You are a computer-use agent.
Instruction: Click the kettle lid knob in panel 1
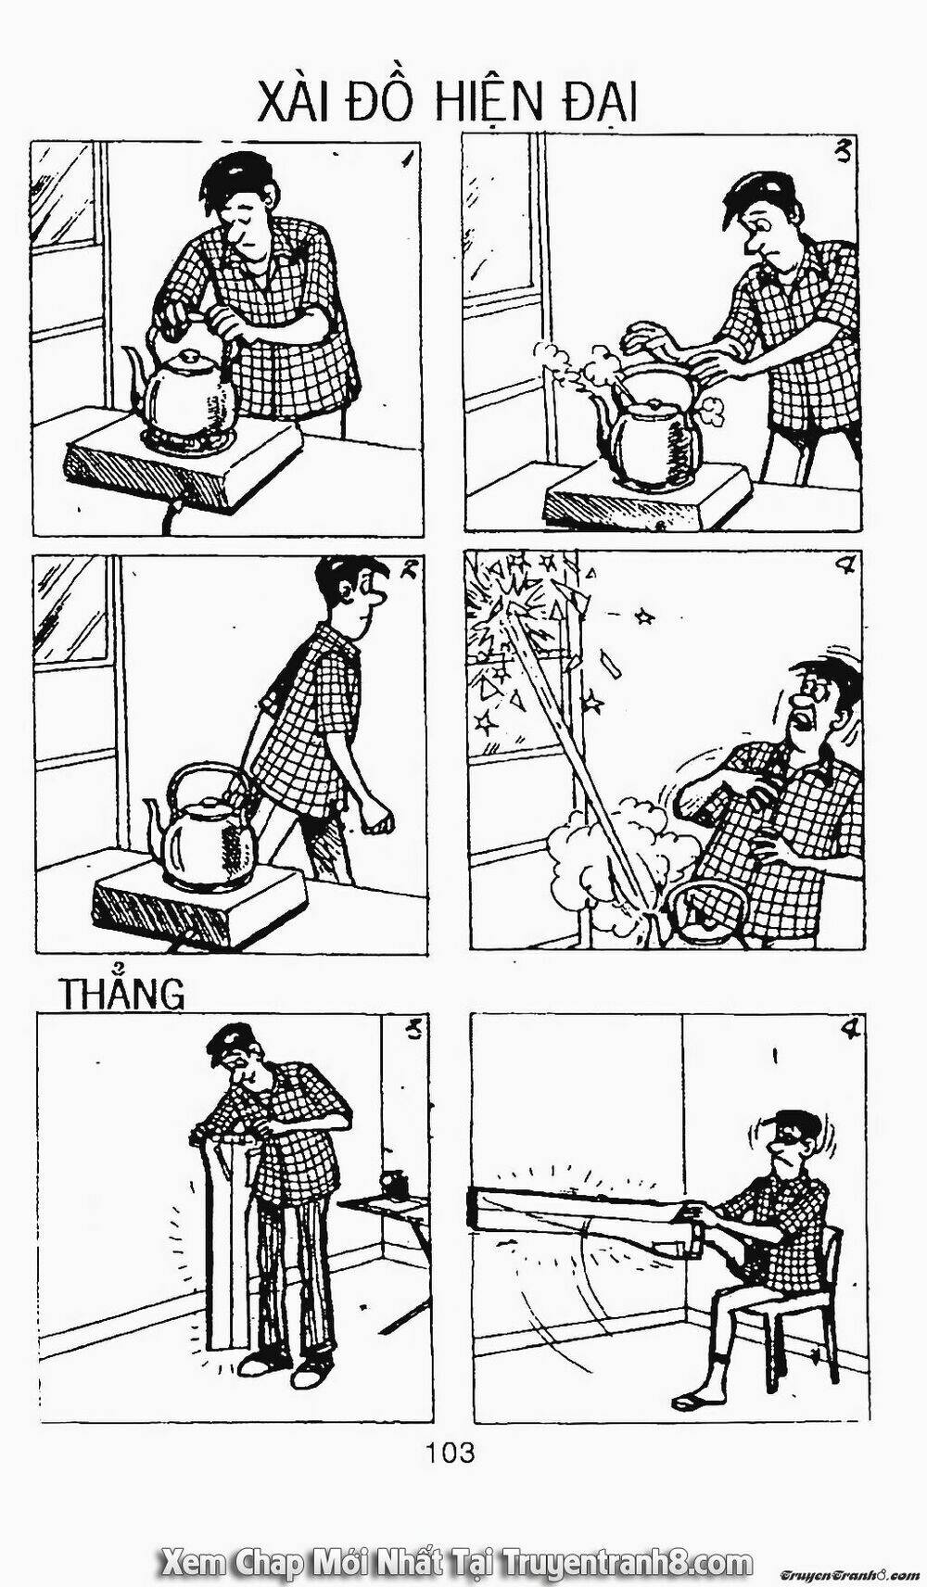coord(188,355)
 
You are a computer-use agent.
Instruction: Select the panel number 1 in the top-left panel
coord(405,159)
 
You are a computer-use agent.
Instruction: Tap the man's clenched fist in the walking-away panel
coord(376,821)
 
